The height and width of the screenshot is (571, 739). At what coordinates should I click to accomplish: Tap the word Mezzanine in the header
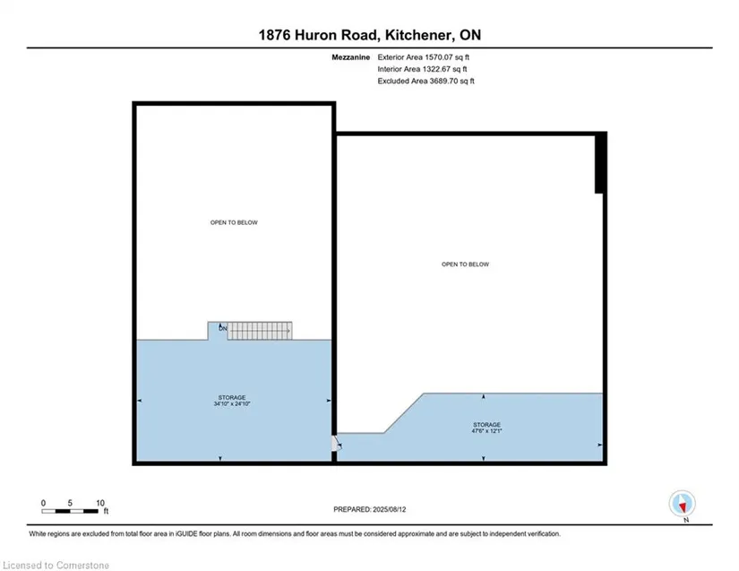pyautogui.click(x=350, y=57)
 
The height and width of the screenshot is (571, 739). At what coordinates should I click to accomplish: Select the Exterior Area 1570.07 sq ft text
pyautogui.click(x=423, y=57)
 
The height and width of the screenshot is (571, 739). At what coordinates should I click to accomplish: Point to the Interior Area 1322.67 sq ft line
pyautogui.click(x=422, y=69)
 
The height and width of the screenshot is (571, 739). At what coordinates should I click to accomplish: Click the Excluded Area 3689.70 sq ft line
pyautogui.click(x=425, y=81)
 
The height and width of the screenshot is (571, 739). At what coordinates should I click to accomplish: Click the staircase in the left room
pyautogui.click(x=260, y=331)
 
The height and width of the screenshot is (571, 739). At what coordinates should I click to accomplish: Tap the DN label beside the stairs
pyautogui.click(x=222, y=328)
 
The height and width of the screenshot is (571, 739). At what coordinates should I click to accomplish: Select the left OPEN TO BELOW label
pyautogui.click(x=234, y=222)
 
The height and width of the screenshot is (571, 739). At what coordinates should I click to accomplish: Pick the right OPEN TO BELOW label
pyautogui.click(x=465, y=264)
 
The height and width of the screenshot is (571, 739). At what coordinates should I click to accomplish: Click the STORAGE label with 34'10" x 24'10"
pyautogui.click(x=232, y=401)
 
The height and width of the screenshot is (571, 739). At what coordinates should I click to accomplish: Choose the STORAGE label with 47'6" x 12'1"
pyautogui.click(x=487, y=428)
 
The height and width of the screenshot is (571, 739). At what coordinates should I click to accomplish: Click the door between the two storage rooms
pyautogui.click(x=336, y=444)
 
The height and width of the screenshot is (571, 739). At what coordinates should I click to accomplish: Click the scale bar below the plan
pyautogui.click(x=70, y=511)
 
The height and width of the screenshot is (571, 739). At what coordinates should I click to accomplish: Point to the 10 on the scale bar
pyautogui.click(x=100, y=503)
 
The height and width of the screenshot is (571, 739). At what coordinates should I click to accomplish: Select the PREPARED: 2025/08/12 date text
pyautogui.click(x=369, y=510)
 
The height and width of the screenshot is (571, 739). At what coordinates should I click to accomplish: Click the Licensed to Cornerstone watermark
pyautogui.click(x=56, y=566)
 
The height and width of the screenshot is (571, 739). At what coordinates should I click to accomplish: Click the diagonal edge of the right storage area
pyautogui.click(x=404, y=413)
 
